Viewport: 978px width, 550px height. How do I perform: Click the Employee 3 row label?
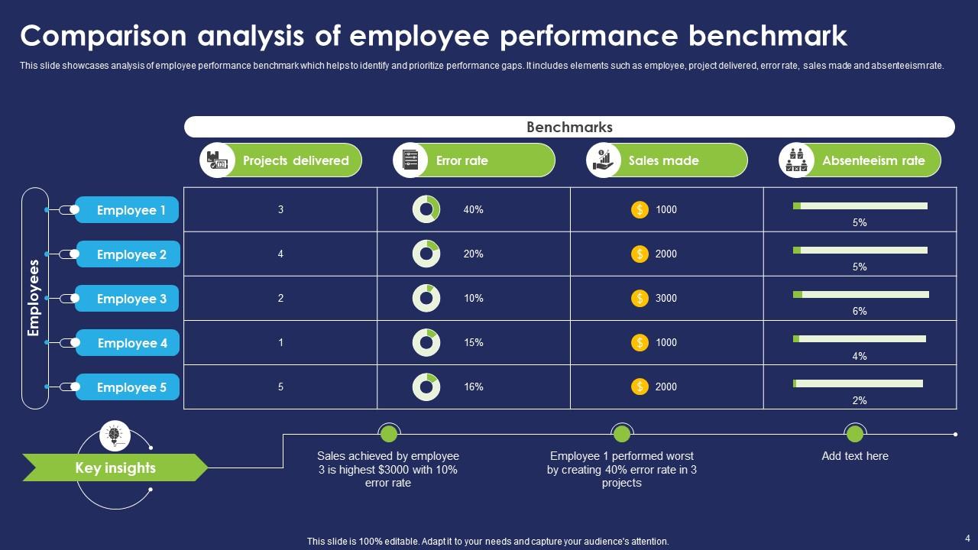131,299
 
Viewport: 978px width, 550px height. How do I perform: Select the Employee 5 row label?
131,387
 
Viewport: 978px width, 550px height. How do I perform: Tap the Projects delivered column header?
296,160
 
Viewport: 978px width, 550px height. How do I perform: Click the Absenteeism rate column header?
873,160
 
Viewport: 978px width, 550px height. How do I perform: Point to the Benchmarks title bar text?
569,127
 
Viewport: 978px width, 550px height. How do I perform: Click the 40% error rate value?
473,209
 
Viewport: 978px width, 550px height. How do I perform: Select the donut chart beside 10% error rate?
426,298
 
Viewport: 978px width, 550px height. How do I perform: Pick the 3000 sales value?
666,298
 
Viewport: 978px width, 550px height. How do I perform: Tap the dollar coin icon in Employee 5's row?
640,387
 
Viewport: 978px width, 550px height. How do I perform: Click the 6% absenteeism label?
860,311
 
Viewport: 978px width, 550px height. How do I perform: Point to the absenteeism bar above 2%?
858,383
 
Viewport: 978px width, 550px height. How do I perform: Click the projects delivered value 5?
280,387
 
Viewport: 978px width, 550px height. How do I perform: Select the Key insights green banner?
115,467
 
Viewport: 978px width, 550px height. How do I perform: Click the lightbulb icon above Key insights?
115,435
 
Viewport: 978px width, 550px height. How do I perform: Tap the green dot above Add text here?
855,434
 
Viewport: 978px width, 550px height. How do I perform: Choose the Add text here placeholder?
855,456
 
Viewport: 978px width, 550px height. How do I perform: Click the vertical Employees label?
34,298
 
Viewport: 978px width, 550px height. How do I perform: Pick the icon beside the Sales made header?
603,160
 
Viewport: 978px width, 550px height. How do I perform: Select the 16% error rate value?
473,387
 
